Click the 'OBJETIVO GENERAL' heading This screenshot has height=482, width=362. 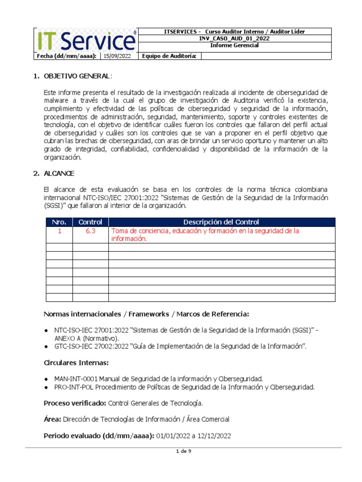[78, 76]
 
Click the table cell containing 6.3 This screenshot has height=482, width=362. [90, 231]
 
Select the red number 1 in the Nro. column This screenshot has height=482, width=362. [59, 231]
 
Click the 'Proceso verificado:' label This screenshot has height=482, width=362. [75, 403]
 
